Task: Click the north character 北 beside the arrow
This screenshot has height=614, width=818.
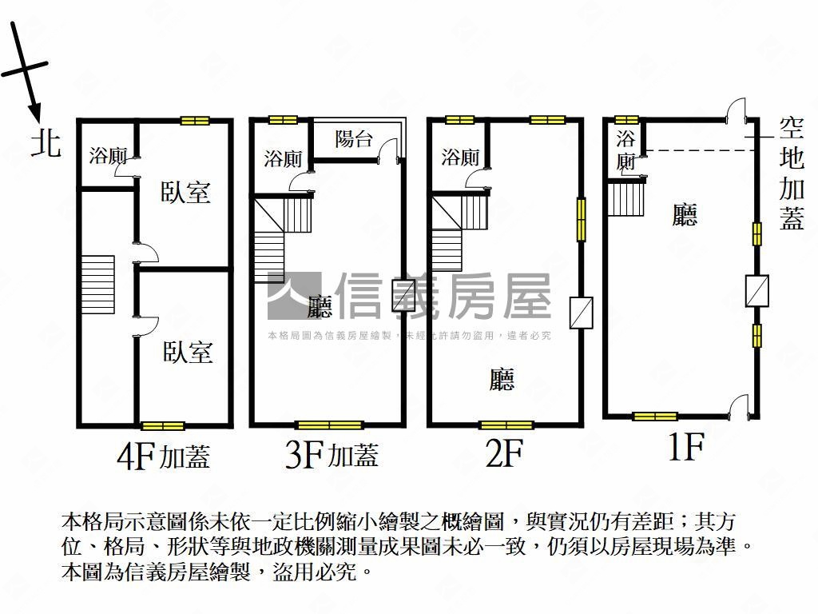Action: pyautogui.click(x=46, y=142)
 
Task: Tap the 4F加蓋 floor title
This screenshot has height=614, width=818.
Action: pyautogui.click(x=163, y=457)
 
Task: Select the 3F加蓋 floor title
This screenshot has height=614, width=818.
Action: pyautogui.click(x=332, y=454)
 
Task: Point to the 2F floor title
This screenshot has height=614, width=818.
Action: pyautogui.click(x=504, y=453)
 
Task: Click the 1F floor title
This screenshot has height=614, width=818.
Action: pyautogui.click(x=686, y=446)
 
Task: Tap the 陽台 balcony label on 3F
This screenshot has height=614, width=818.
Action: pyautogui.click(x=354, y=139)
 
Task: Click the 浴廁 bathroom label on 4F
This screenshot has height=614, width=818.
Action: pyautogui.click(x=108, y=156)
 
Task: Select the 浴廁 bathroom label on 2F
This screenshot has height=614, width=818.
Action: pyautogui.click(x=460, y=157)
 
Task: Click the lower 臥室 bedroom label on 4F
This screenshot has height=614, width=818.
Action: pyautogui.click(x=188, y=352)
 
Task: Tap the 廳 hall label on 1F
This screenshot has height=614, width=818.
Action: pyautogui.click(x=685, y=214)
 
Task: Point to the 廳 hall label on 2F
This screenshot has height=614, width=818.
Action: pyautogui.click(x=502, y=379)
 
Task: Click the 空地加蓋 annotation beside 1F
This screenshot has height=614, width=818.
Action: pyautogui.click(x=792, y=173)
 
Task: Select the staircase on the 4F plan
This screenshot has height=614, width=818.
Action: pyautogui.click(x=98, y=285)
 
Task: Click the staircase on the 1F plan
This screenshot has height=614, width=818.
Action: pyautogui.click(x=625, y=197)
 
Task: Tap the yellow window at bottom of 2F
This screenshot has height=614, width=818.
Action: pyautogui.click(x=506, y=425)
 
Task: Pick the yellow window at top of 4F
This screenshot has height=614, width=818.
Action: pyautogui.click(x=195, y=121)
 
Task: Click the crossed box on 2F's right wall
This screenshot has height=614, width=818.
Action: pyautogui.click(x=582, y=313)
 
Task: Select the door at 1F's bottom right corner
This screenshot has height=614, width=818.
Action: pyautogui.click(x=740, y=405)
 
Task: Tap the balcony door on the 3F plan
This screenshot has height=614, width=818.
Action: pyautogui.click(x=389, y=149)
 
